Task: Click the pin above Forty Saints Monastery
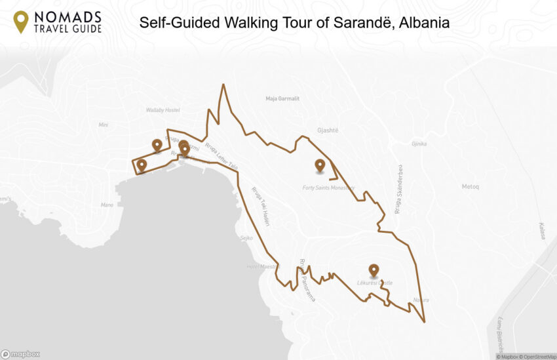tap(320, 166)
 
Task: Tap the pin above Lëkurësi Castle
tap(374, 270)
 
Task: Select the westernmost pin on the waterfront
tap(142, 165)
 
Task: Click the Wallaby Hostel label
tap(163, 110)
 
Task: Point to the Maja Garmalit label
tap(282, 98)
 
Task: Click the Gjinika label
tap(419, 144)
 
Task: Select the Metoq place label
tap(471, 187)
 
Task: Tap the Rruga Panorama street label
tap(306, 280)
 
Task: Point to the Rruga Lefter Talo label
tap(221, 155)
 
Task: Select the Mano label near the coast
tap(107, 205)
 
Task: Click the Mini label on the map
tap(103, 125)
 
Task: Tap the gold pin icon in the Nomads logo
tap(21, 22)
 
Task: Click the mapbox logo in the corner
tap(20, 354)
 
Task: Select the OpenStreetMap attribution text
tap(539, 357)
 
